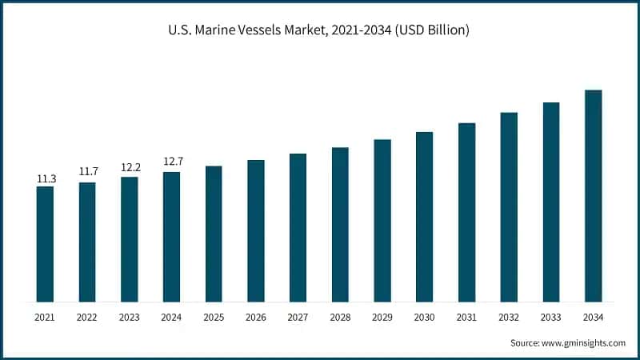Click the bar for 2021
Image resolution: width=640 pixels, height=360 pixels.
45,244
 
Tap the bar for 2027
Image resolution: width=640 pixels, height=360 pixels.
298,228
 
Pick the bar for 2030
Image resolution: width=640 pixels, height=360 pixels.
424,217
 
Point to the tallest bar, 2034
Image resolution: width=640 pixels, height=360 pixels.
593,196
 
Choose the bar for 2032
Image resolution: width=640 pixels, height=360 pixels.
509,207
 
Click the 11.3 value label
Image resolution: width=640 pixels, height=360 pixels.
45,178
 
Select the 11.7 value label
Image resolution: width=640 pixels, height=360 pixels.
87,172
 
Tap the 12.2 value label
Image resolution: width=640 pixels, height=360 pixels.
129,167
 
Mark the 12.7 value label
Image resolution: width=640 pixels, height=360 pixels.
171,162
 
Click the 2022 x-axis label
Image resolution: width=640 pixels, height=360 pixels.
87,317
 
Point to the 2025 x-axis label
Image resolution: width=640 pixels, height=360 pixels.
214,317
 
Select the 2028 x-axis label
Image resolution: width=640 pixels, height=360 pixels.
340,317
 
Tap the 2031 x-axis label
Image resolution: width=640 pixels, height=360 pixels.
466,317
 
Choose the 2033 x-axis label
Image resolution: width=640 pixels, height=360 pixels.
550,317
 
